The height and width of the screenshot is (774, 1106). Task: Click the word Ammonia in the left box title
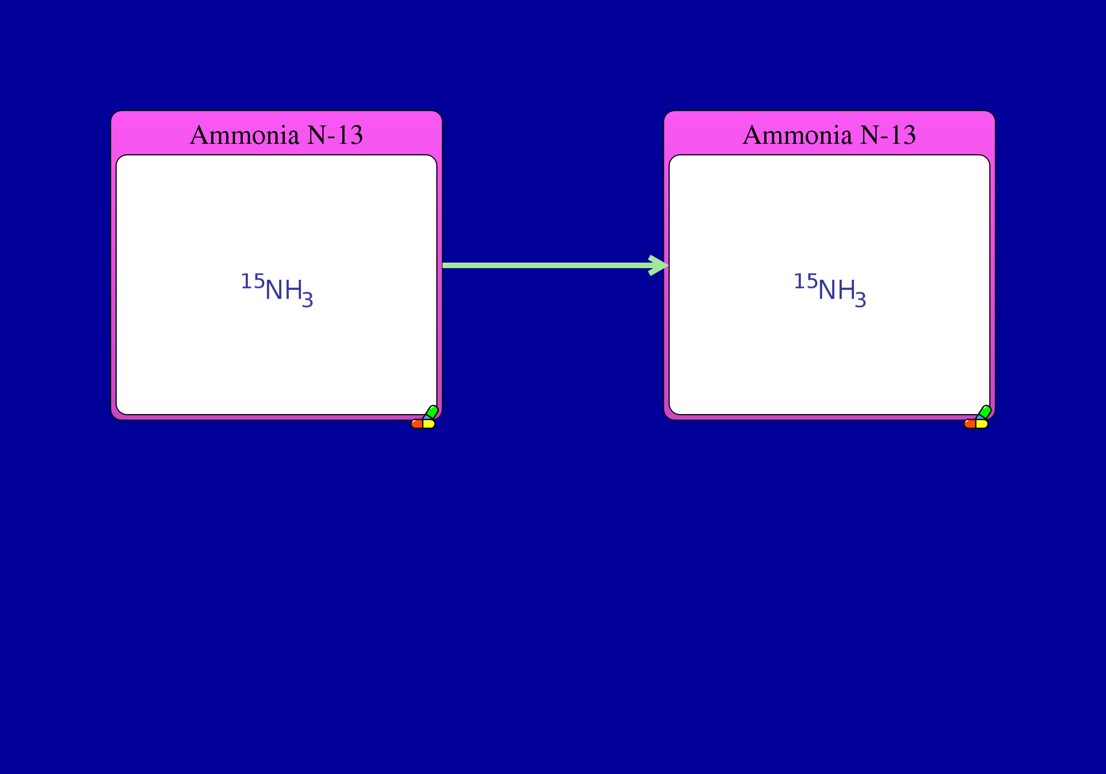coord(244,135)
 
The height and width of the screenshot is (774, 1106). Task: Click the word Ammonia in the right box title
coord(797,135)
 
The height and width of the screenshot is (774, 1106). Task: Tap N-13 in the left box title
coord(335,135)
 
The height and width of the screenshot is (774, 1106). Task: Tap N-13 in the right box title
coord(888,135)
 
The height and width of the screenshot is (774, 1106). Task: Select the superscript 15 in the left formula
coord(253,281)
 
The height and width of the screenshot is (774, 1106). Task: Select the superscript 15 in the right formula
coord(806,281)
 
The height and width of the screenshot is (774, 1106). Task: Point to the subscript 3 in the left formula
coord(307,300)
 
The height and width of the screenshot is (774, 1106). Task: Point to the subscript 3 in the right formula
coord(860,300)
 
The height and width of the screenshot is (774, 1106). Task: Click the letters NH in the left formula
coord(284,290)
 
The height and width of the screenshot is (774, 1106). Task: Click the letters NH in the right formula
coord(837,290)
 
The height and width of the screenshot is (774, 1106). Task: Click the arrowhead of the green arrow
coord(659,265)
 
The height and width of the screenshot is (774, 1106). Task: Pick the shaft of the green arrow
coord(547,265)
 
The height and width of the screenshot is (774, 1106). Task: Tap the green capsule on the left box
coord(432,412)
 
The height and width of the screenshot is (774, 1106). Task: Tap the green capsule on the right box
coord(985,412)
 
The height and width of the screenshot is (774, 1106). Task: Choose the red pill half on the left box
coord(417,424)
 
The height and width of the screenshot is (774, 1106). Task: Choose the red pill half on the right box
coord(970,424)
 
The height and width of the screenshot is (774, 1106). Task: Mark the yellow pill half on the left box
coord(429,424)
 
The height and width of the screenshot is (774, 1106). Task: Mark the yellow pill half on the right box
coord(982,424)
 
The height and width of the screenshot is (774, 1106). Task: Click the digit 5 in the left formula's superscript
coord(259,281)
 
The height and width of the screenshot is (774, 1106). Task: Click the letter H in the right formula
coord(846,290)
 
